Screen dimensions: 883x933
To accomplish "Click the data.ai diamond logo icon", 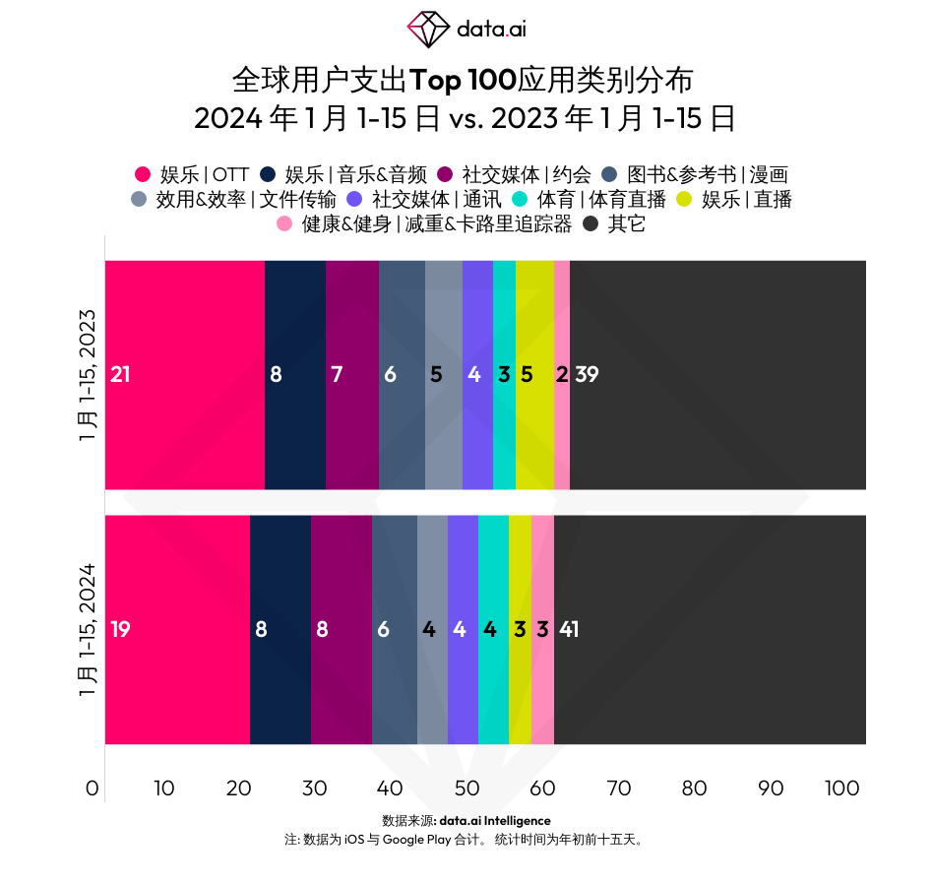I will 428,28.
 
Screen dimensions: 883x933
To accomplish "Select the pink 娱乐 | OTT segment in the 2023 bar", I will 185,374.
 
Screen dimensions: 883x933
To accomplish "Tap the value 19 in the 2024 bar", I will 120,629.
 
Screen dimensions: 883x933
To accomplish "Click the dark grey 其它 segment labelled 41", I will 709,629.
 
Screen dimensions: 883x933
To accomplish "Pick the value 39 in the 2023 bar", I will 587,374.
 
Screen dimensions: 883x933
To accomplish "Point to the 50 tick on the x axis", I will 466,788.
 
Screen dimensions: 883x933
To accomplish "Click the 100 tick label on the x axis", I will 842,788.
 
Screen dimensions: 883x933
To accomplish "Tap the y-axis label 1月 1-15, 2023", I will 88,375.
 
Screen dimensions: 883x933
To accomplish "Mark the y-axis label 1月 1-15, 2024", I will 88,630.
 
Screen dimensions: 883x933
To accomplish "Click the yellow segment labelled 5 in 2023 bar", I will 534,374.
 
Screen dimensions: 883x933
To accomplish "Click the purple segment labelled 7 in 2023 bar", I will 352,374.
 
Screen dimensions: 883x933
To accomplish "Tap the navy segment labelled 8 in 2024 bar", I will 280,629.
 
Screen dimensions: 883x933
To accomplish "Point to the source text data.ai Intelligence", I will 495,820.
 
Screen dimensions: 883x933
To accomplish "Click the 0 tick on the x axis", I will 93,788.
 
